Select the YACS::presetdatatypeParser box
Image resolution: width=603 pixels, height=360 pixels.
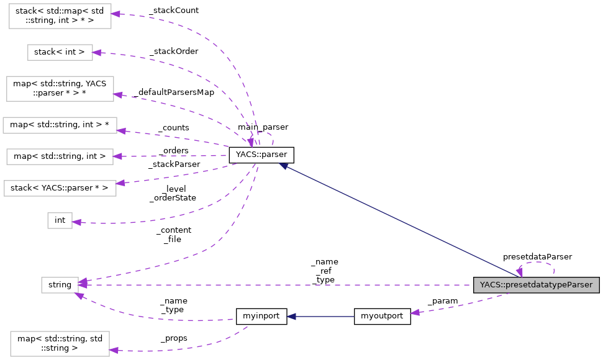(536, 285)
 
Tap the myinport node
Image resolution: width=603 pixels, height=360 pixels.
(261, 316)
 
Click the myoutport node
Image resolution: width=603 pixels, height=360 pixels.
(382, 316)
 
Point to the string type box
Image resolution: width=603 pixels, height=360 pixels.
(60, 285)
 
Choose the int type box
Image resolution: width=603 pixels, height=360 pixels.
(60, 220)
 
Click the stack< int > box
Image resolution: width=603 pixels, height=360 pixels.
(60, 52)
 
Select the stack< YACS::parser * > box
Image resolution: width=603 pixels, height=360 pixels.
(60, 187)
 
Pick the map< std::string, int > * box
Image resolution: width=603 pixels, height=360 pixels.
(60, 125)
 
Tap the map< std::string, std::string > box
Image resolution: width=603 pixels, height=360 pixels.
(60, 343)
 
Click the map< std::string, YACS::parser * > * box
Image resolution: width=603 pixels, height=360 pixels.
(60, 88)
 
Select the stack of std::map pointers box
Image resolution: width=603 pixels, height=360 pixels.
(60, 16)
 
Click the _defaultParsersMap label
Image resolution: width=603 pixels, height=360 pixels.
(173, 92)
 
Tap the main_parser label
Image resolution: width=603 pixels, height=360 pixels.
(263, 127)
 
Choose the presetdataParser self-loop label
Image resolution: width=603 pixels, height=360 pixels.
(537, 256)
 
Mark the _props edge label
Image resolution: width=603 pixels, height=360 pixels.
(174, 338)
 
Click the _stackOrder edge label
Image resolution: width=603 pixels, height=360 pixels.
(173, 51)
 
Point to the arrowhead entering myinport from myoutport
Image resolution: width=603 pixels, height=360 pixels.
(291, 316)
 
